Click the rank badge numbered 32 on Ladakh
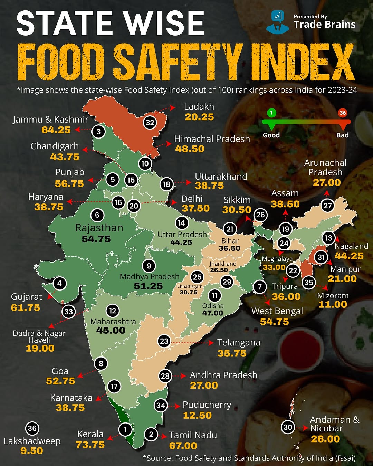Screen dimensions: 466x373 pos(150,122)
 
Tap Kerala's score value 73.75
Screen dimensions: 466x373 pos(90,445)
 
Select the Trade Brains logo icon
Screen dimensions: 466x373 pos(277,21)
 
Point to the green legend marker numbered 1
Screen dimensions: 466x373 pos(271,113)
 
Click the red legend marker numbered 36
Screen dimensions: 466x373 pos(342,113)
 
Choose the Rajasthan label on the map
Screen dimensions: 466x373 pos(99,228)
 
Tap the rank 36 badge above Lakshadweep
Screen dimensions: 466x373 pos(32,429)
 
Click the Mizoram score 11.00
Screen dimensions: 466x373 pos(333,305)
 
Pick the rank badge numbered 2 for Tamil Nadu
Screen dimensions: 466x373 pos(151,434)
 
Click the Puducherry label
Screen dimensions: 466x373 pos(207,405)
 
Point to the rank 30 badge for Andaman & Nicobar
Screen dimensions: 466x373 pos(288,427)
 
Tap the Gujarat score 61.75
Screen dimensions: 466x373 pos(26,308)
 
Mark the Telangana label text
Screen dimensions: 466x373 pos(239,343)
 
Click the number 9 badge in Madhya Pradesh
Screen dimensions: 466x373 pos(149,266)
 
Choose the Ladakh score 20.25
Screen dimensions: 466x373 pos(199,117)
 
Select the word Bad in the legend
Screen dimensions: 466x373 pos(342,135)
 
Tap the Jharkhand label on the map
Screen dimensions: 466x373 pos(223,264)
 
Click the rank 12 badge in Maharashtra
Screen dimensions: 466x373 pos(113,311)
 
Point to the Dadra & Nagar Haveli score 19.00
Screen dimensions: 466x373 pos(40,348)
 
